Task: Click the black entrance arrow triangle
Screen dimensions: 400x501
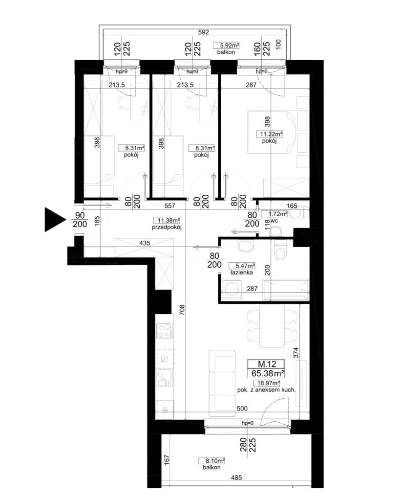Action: [54, 219]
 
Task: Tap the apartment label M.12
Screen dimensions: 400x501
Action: [267, 364]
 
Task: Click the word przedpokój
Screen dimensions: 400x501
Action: [167, 228]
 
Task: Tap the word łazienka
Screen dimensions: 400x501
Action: [242, 273]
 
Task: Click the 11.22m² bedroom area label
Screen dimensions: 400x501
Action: [270, 134]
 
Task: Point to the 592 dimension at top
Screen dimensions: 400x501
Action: [204, 32]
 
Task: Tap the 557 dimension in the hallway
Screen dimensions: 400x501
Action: [169, 206]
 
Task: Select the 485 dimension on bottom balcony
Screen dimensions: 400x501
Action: [236, 478]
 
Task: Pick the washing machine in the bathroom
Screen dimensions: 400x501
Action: [232, 289]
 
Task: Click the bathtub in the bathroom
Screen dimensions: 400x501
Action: [286, 290]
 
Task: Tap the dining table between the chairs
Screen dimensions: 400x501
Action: [272, 325]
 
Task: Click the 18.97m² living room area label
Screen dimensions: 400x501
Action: [267, 383]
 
